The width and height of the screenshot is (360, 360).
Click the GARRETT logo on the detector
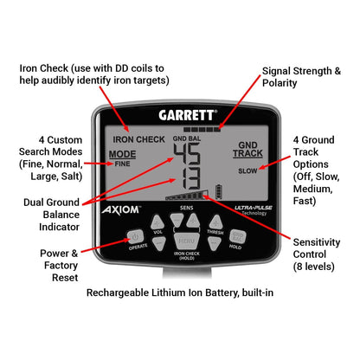click(x=187, y=113)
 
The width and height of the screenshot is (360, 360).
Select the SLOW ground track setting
click(x=247, y=171)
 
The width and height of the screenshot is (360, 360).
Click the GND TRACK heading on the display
click(x=247, y=148)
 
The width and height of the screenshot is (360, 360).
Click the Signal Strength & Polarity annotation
click(x=300, y=75)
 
